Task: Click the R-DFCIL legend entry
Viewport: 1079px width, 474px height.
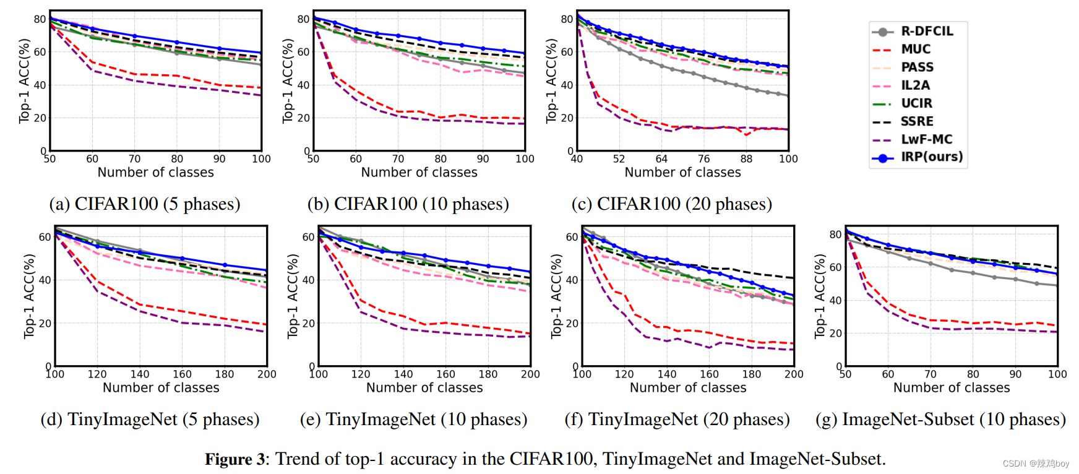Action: [x=926, y=31]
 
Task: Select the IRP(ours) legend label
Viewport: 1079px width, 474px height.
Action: [x=931, y=157]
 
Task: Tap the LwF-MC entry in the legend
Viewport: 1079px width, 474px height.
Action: [x=926, y=139]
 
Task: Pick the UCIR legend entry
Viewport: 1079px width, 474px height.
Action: [x=916, y=103]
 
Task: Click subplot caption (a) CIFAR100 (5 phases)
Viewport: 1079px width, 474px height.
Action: [x=145, y=204]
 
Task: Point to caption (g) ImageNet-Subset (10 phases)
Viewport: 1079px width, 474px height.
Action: [x=940, y=419]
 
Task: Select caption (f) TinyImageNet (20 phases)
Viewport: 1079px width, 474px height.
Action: [x=677, y=419]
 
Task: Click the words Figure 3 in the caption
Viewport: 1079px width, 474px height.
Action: [x=234, y=459]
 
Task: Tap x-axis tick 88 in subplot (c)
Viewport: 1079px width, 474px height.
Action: [x=746, y=159]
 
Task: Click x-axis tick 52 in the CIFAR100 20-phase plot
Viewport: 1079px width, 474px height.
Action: [x=619, y=159]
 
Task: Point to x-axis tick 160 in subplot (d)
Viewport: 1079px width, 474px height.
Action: [x=182, y=374]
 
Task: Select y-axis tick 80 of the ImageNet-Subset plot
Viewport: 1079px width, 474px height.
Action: [x=835, y=235]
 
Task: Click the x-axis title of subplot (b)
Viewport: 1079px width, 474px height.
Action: [x=419, y=173]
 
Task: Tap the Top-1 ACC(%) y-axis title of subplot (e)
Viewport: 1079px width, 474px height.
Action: [x=293, y=296]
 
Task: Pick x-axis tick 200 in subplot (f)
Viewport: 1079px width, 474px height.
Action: [x=794, y=374]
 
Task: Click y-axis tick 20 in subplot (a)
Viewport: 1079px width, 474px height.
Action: [x=39, y=118]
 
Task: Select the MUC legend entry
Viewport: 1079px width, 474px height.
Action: [x=916, y=49]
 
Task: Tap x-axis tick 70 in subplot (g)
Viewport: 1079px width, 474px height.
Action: [x=930, y=374]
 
